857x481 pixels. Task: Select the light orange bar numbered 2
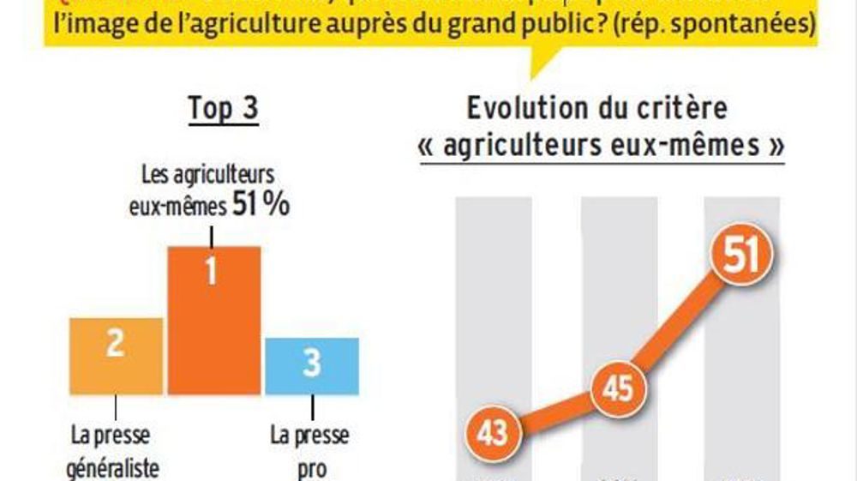[x=116, y=356]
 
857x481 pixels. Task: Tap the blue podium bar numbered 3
[x=311, y=366]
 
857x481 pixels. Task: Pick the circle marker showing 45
[x=617, y=388]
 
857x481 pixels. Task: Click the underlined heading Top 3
[x=223, y=110]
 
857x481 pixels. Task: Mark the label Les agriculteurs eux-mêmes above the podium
[x=205, y=189]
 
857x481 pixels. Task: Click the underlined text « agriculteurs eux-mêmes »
[x=601, y=146]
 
